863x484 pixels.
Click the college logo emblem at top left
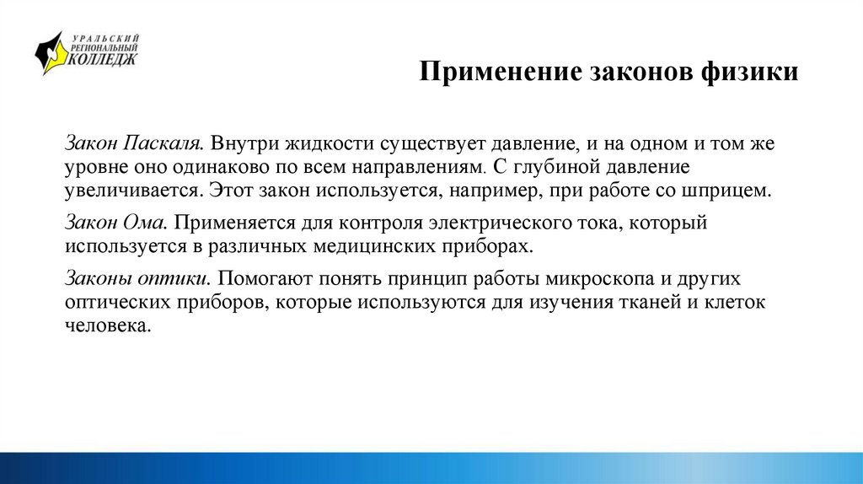coord(51,54)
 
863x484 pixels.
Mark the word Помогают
coord(266,278)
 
